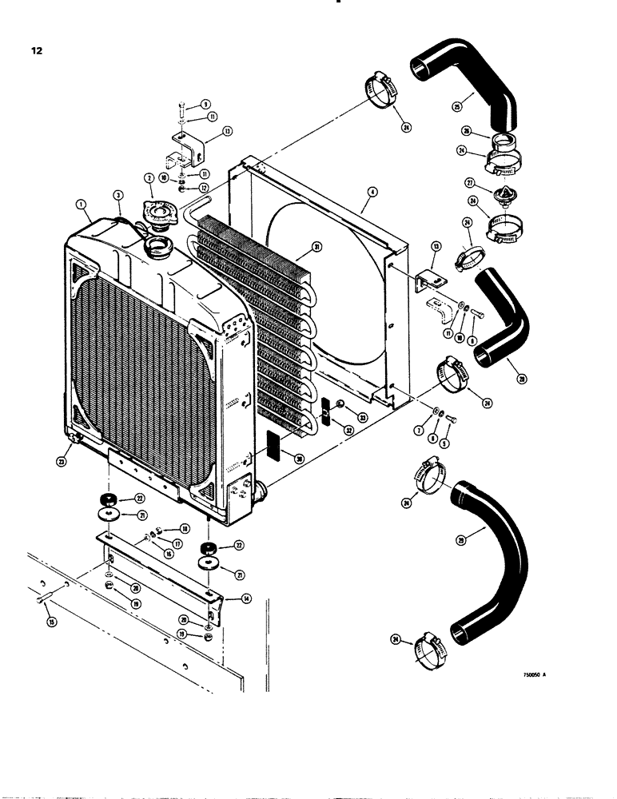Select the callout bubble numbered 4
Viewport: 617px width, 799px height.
372,193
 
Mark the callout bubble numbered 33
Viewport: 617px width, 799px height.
363,417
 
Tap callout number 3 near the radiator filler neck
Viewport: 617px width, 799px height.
119,194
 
